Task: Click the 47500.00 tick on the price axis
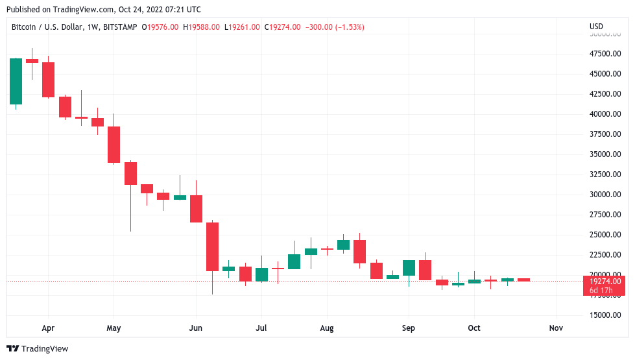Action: (603, 53)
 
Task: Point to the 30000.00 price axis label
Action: (603, 195)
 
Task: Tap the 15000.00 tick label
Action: (603, 315)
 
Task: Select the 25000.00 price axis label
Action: (603, 235)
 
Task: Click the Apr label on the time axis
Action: (47, 328)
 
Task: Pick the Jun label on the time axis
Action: (195, 328)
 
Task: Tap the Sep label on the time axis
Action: (408, 328)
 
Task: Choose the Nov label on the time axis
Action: (555, 328)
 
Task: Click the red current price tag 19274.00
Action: (603, 282)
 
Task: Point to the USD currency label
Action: (596, 27)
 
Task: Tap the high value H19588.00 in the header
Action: (203, 27)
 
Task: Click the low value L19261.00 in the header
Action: (243, 27)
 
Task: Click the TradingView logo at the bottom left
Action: (37, 349)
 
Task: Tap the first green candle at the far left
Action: (16, 81)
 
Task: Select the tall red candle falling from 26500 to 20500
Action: (212, 246)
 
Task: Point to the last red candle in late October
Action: (523, 280)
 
